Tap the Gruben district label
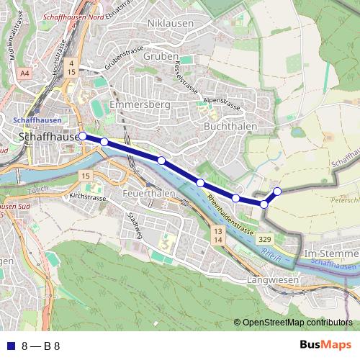coord(161,56)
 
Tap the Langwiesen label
coord(271,279)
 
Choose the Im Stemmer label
coord(330,255)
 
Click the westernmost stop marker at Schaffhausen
coord(82,135)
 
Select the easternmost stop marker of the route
coord(277,191)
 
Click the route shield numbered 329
coord(264,238)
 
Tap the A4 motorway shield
coord(25,73)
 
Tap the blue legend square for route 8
coord(9,345)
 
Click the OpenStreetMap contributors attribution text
coord(297,323)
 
